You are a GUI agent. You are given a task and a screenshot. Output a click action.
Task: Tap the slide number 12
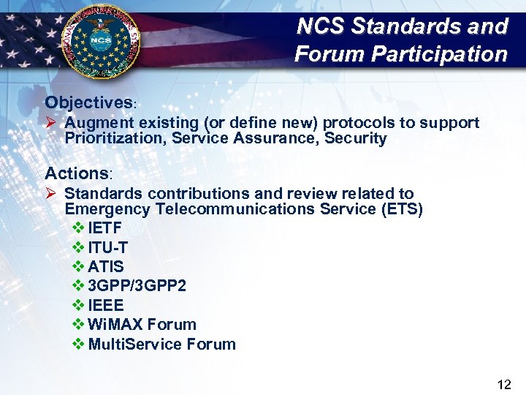pyautogui.click(x=503, y=384)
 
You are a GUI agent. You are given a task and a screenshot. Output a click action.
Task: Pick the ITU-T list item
pyautogui.click(x=108, y=248)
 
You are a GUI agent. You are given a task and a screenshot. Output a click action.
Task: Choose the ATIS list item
pyautogui.click(x=106, y=267)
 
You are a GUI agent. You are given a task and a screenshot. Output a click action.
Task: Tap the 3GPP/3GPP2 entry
pyautogui.click(x=137, y=286)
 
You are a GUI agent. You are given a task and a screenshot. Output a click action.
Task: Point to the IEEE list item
pyautogui.click(x=106, y=305)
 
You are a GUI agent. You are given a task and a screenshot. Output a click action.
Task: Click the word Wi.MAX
pyautogui.click(x=115, y=324)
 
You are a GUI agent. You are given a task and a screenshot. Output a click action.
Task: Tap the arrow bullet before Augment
pyautogui.click(x=51, y=123)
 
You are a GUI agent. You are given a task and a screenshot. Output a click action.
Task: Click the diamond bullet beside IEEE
pyautogui.click(x=79, y=305)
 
